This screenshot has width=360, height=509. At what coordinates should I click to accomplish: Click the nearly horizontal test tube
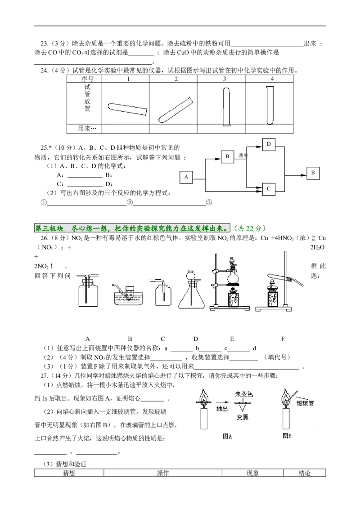point(128,109)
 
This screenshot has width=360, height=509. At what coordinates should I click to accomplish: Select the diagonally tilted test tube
point(176,110)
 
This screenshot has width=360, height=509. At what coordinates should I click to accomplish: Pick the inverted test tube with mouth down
point(226,106)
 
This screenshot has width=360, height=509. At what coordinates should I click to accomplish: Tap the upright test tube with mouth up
point(270,106)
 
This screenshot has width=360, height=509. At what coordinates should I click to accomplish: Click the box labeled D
point(269,144)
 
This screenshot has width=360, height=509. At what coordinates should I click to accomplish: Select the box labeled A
point(186,177)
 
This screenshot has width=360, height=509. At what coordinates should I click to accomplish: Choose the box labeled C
point(269,189)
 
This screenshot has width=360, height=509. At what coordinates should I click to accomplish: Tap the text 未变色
point(243,394)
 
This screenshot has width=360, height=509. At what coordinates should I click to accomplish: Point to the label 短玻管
point(305,403)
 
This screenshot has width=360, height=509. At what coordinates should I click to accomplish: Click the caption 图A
point(227,435)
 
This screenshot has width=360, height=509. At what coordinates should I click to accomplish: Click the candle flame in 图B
point(285,397)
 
